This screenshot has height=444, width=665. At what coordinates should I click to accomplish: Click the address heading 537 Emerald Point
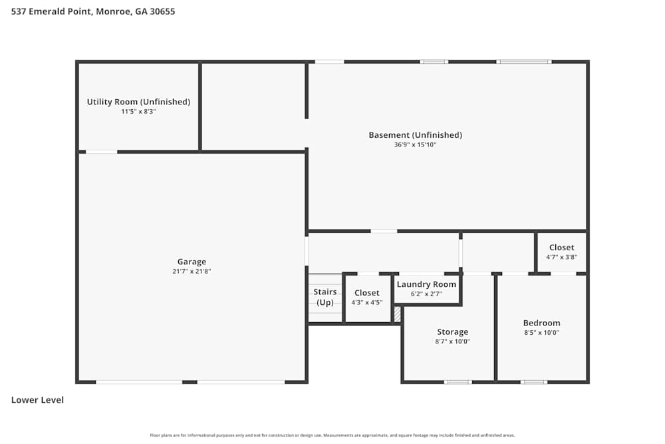93,11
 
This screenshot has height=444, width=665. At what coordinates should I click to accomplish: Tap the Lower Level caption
38,400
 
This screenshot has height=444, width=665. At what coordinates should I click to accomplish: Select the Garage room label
192,262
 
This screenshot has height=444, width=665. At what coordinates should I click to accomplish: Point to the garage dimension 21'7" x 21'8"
192,272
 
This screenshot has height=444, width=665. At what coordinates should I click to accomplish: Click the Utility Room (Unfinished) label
138,102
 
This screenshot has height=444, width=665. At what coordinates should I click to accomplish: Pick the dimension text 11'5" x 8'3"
138,112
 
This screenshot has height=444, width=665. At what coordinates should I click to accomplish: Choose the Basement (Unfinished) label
415,135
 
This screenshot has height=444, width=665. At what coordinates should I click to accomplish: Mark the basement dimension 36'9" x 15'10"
415,145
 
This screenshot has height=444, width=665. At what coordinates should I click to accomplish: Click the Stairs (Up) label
325,297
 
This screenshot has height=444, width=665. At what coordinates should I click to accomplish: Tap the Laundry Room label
426,284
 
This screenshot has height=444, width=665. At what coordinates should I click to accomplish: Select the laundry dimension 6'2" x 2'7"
426,294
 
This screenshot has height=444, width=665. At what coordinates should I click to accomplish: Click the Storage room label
452,332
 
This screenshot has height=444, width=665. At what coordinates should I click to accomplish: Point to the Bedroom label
541,323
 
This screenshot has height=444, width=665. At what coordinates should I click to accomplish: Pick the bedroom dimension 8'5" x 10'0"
541,333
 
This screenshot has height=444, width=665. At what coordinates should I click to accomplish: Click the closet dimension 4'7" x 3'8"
561,257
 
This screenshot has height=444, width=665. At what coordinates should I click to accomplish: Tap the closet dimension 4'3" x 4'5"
366,303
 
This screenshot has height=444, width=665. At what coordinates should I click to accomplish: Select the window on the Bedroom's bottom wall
533,382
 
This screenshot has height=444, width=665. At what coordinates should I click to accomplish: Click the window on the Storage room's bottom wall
458,382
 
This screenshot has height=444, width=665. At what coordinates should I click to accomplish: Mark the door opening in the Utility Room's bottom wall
102,152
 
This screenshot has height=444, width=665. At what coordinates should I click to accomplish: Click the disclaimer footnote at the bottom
332,435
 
